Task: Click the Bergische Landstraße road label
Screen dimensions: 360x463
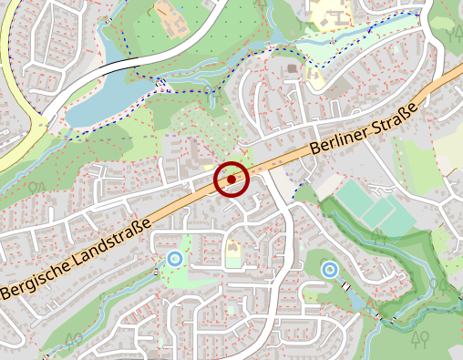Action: (x=76, y=261)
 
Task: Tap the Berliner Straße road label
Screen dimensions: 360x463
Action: (x=363, y=129)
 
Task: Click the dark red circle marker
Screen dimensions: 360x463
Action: (x=231, y=180)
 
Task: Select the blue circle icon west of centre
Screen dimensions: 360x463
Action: (x=174, y=259)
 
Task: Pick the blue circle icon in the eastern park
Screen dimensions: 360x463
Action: (x=329, y=269)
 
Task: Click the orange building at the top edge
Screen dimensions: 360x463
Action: (x=167, y=12)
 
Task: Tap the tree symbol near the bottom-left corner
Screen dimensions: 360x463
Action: (x=73, y=340)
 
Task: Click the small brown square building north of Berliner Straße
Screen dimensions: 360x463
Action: (x=292, y=67)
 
